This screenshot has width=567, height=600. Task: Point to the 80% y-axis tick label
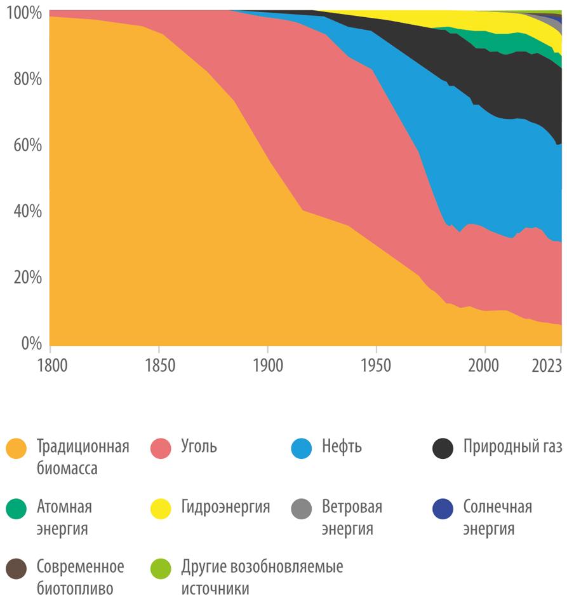coord(26,79)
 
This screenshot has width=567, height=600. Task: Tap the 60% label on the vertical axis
coord(26,146)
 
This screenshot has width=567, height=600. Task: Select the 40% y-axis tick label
coord(26,212)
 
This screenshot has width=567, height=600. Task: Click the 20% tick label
coord(26,278)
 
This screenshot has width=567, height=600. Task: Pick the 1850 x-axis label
coord(159,367)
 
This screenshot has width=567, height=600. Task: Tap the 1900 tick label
coord(267,367)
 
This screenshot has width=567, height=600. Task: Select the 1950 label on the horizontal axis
coord(376,367)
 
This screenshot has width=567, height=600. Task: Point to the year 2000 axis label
coord(484,367)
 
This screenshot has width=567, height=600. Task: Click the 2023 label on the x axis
coord(546,367)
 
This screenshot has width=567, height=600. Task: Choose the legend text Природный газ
coord(512,447)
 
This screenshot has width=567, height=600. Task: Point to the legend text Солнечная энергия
coord(497,517)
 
